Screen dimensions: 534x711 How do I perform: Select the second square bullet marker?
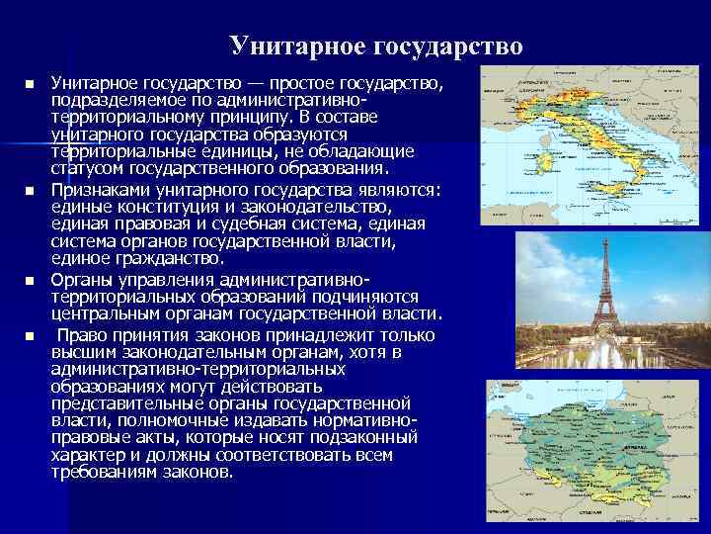click(30, 189)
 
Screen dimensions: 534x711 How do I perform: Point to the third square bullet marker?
click(30, 282)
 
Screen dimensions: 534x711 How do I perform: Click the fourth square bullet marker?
click(30, 337)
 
